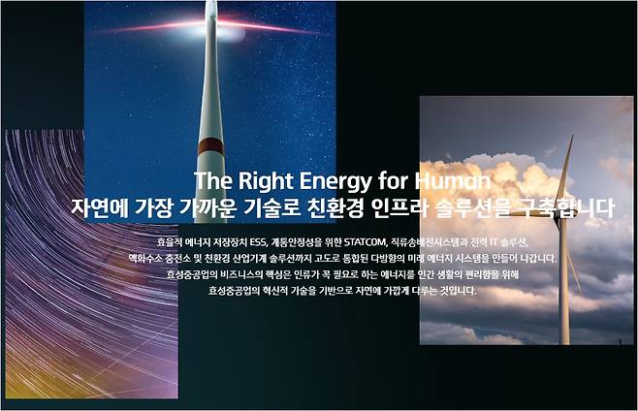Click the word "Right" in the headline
266,180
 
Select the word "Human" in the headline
453,180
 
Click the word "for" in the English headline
393,180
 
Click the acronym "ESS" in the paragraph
258,242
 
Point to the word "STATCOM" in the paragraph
365,242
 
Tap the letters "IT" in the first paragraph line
493,242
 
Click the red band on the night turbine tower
210,146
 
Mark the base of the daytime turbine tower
564,342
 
